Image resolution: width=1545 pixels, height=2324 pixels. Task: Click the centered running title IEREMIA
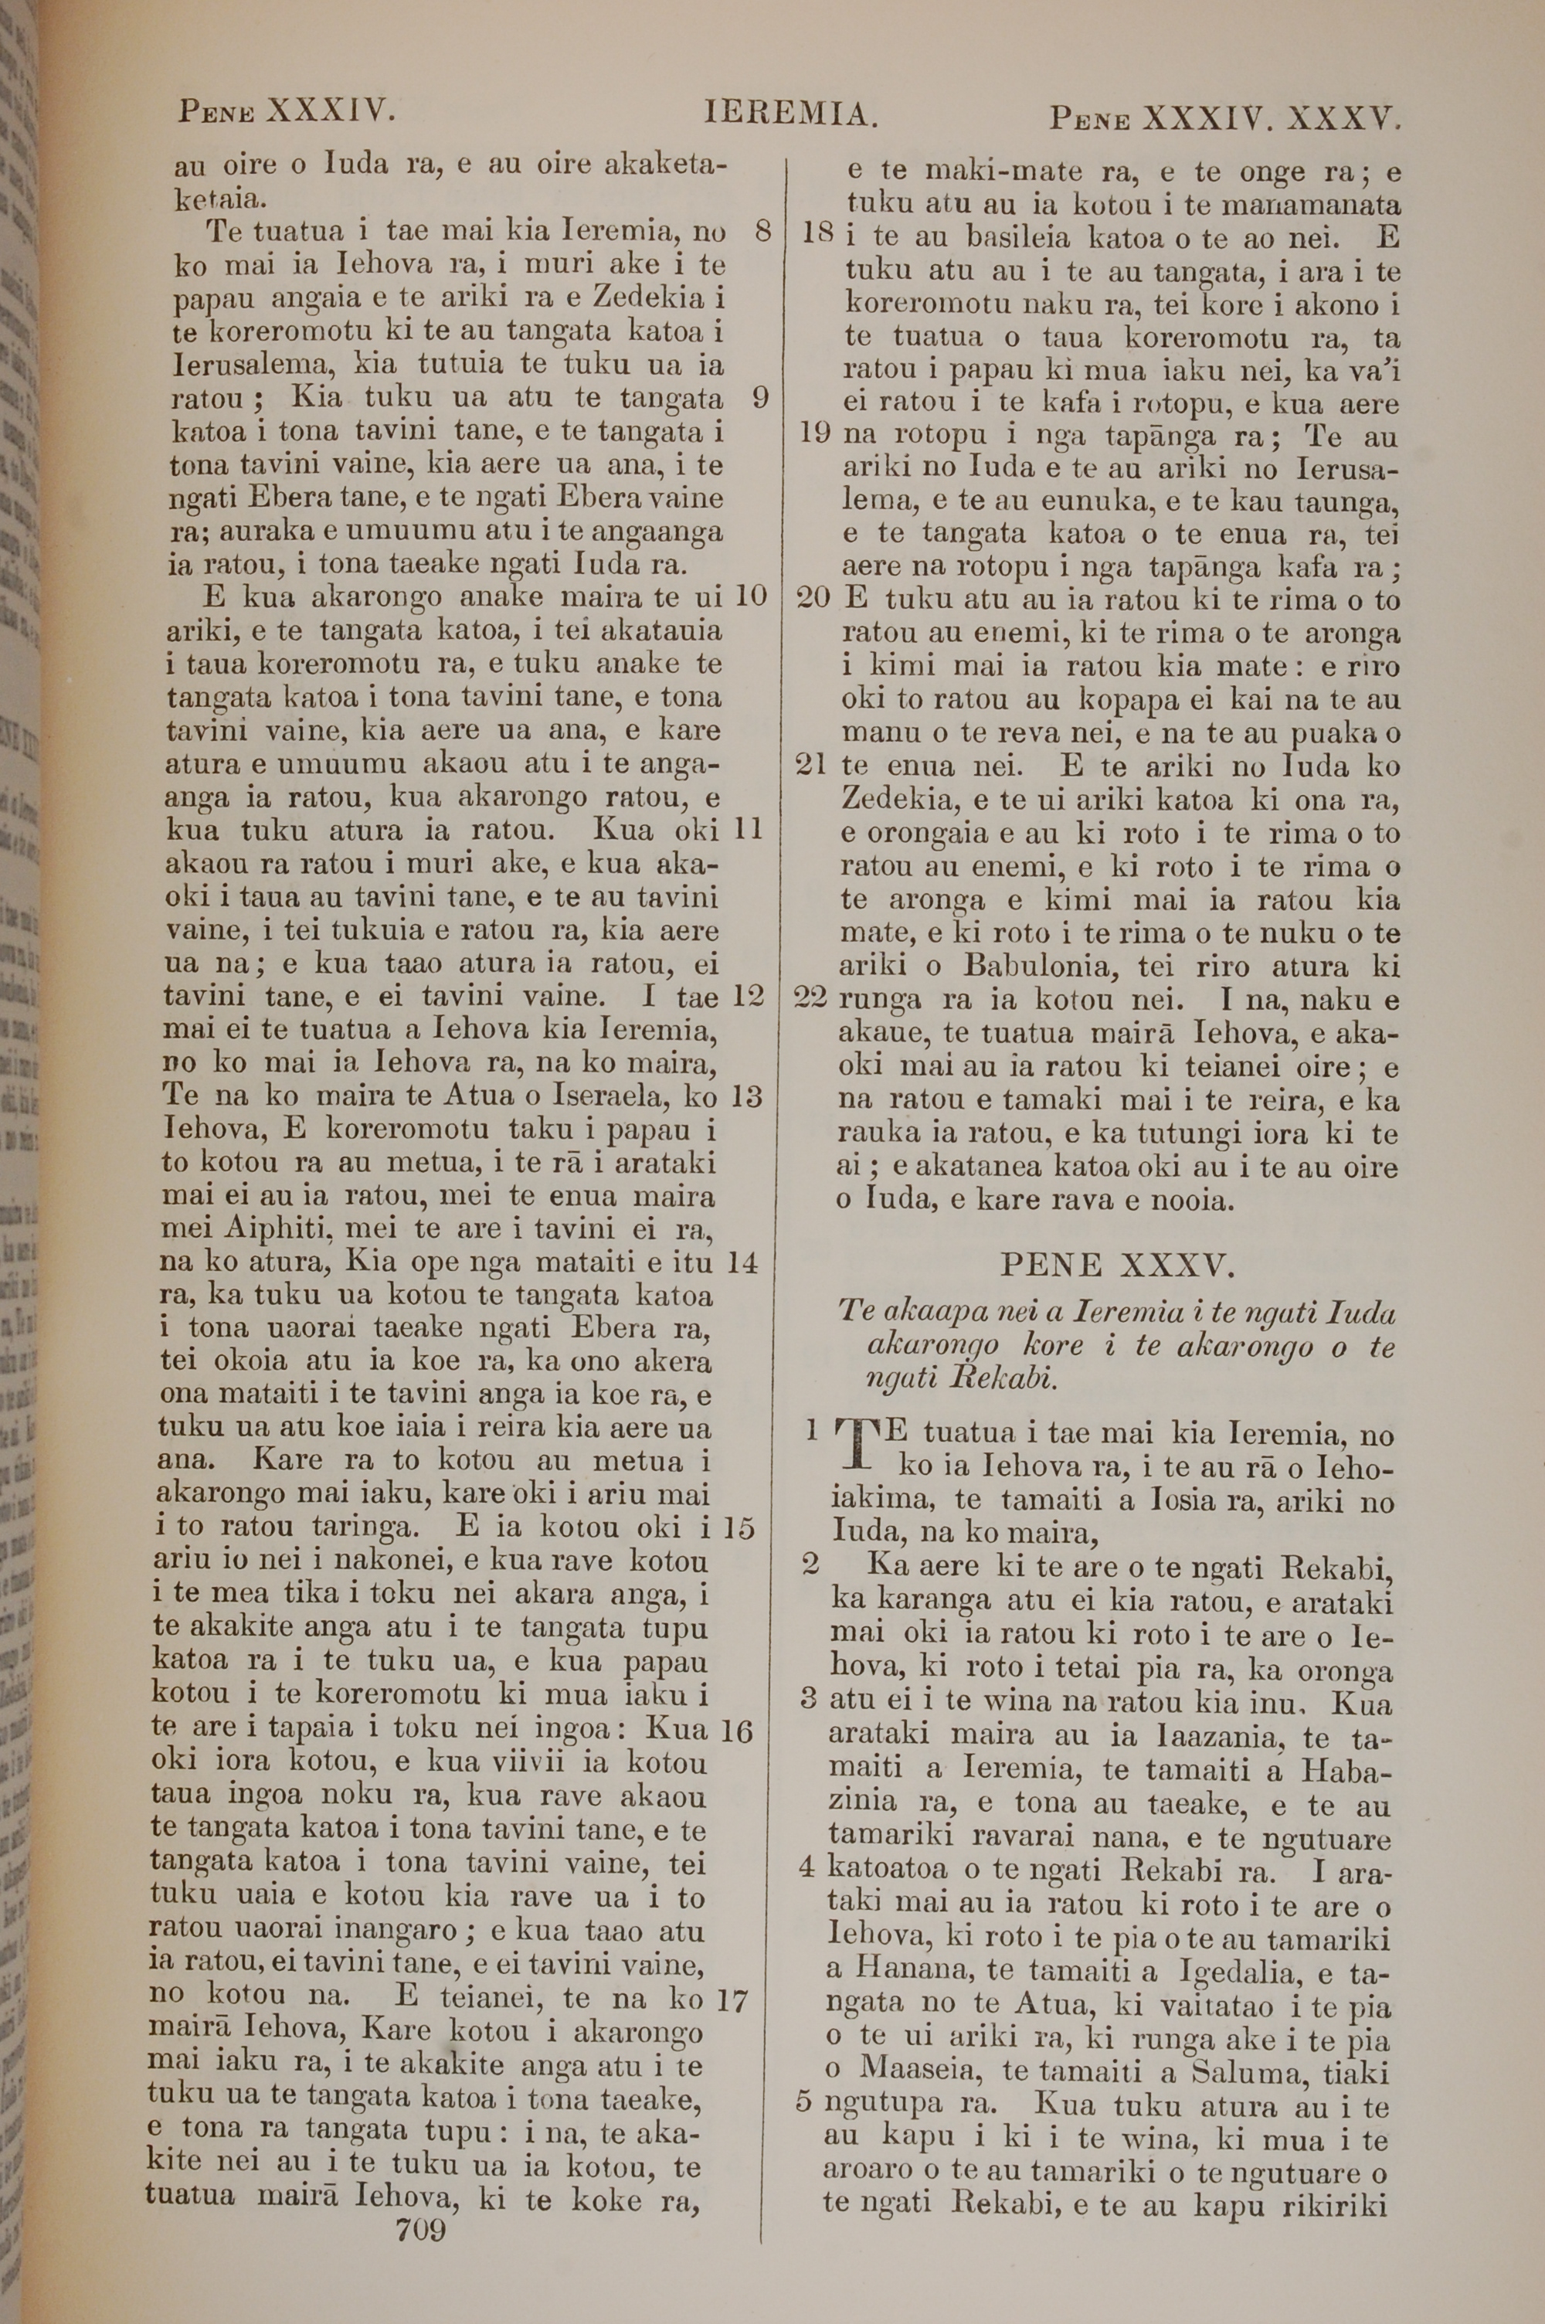pos(790,116)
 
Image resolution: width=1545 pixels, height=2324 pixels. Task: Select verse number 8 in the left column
pos(762,233)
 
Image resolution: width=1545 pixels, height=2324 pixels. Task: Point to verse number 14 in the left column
pos(742,1263)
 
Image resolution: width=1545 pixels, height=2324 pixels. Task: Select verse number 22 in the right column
pos(813,999)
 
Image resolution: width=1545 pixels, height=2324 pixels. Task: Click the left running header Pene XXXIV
pos(287,110)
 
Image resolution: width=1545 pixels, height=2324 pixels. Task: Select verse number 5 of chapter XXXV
pos(804,2106)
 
